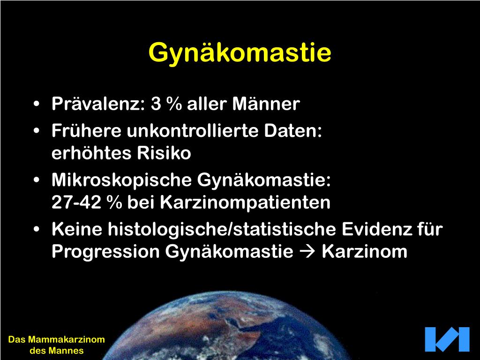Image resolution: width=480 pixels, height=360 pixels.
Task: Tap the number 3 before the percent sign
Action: [x=156, y=104]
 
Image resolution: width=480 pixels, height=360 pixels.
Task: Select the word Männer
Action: [x=266, y=104]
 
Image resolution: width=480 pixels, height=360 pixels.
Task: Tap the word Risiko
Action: [x=164, y=152]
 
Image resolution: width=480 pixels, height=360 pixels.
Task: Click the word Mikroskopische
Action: [x=122, y=180]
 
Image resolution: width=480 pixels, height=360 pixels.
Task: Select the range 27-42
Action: [x=76, y=202]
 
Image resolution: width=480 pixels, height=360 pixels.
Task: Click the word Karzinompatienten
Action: [x=245, y=202]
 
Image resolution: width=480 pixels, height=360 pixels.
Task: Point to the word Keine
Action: [x=77, y=229]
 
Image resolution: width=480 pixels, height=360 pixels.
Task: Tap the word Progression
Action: [x=105, y=252]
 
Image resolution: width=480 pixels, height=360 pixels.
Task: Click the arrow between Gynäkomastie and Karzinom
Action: [x=307, y=252]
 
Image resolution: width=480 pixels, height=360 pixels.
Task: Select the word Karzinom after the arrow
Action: [x=365, y=252]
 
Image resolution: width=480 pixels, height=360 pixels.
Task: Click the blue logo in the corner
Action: [x=447, y=339]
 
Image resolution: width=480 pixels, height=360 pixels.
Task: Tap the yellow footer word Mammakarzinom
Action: [x=67, y=339]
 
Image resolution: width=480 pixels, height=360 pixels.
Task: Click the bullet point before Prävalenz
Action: [x=37, y=104]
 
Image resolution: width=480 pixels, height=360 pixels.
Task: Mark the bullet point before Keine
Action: [x=37, y=230]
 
